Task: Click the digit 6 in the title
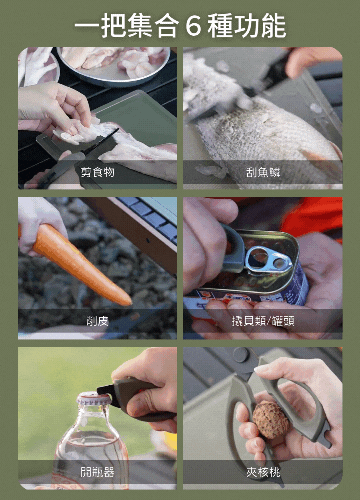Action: point(193,26)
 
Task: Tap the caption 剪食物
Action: point(97,172)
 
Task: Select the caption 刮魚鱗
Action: point(263,172)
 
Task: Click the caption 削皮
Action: point(97,321)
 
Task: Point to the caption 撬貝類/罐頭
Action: point(263,321)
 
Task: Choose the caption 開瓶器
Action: point(97,472)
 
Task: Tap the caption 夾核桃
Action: point(263,472)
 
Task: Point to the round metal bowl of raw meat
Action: point(113,65)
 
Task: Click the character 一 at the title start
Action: point(87,26)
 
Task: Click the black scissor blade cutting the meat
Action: point(100,142)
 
